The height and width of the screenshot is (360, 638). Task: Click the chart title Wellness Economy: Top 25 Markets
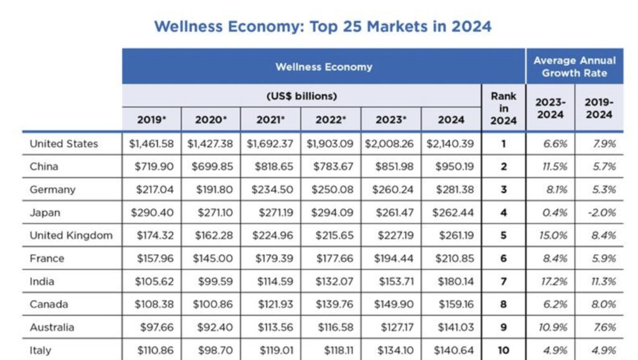(x=322, y=27)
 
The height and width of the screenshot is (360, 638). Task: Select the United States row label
(x=64, y=144)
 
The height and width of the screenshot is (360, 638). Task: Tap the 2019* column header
(x=151, y=120)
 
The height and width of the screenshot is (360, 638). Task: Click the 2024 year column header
(x=451, y=120)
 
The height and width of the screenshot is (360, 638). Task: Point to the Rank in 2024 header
(x=503, y=108)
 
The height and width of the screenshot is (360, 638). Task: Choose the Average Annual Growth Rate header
(x=574, y=67)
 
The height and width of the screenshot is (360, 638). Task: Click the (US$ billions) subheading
(x=302, y=96)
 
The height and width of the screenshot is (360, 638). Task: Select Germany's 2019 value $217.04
(x=152, y=190)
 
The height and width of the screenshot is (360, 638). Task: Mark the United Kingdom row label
(x=71, y=235)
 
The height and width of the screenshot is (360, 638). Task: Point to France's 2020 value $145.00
(x=212, y=258)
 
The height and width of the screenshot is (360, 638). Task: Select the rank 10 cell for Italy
(x=503, y=351)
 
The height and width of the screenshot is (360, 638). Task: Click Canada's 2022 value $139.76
(x=331, y=305)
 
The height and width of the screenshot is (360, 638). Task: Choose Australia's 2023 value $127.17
(x=392, y=328)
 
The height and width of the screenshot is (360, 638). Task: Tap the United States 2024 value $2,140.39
(x=450, y=144)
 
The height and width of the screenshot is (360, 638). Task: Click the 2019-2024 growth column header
(x=599, y=108)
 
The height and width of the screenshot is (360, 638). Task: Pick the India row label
(x=42, y=282)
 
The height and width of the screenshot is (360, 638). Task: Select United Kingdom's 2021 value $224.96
(x=272, y=235)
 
